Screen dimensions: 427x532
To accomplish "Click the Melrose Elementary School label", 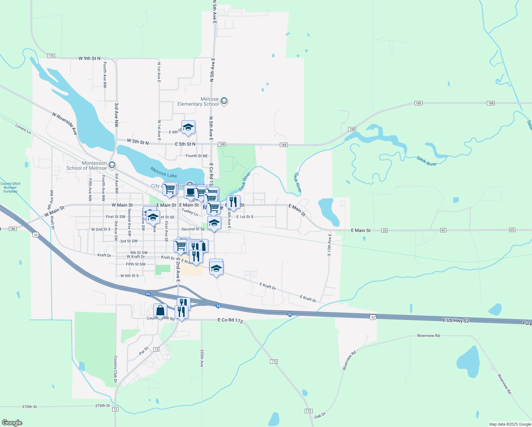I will point(198,102).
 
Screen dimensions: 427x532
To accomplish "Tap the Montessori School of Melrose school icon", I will point(112,165).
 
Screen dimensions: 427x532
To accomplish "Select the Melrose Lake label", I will point(164,172).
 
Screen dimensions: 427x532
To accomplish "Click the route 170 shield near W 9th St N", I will point(51,56).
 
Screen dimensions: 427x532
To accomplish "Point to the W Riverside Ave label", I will point(65,123).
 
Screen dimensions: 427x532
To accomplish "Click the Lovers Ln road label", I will point(23,128).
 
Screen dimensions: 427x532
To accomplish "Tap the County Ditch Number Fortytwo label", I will point(10,188).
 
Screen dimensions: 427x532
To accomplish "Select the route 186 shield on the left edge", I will point(13,229).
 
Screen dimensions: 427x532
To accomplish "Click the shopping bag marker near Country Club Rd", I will point(160,310).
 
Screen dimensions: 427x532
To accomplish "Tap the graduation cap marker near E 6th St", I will point(188,127).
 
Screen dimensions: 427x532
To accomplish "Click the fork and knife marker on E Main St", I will point(233,202).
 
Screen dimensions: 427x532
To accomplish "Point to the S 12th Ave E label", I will point(329,245).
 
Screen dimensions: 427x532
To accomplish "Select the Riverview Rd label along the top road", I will point(428,336).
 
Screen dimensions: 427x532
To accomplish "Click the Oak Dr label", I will point(320,416).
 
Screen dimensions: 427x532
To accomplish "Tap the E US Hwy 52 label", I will point(456,321).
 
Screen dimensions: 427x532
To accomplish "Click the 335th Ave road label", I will point(202,358).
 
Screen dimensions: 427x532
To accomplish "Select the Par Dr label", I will point(143,351).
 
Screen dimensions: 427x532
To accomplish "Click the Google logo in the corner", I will point(12,423).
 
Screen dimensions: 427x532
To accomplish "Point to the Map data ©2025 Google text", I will point(510,424).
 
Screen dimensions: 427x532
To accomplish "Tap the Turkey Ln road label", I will point(190,212).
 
